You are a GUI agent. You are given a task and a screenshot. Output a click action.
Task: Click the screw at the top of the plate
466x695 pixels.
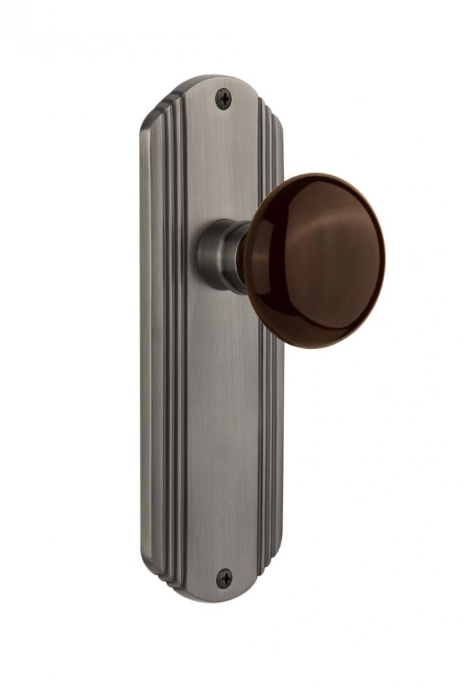coord(223,98)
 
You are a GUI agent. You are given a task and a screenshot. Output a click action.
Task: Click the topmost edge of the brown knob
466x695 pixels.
coord(313,174)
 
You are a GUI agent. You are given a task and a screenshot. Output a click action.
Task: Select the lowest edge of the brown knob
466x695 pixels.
coord(313,347)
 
